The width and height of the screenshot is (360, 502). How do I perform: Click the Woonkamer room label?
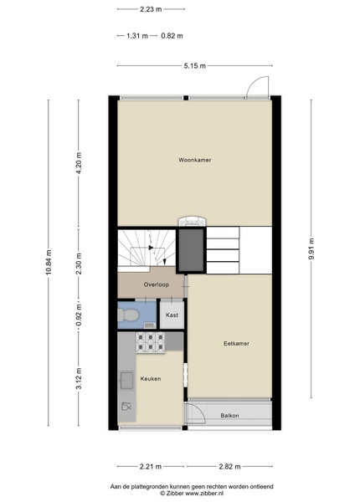(195, 160)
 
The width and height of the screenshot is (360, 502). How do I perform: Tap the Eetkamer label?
(236, 344)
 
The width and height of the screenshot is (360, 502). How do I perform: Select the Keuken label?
(151, 379)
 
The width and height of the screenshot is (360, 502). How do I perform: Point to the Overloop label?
(156, 284)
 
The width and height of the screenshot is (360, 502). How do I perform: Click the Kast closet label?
(172, 315)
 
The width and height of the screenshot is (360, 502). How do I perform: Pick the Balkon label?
(229, 416)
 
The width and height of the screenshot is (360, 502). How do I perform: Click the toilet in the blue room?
(128, 315)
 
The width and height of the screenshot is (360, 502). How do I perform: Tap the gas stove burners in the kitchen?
(150, 342)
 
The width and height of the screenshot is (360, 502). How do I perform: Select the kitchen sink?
(126, 380)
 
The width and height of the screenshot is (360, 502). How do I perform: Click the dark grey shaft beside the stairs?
(191, 250)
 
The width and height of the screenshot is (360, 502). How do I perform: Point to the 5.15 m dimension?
(195, 66)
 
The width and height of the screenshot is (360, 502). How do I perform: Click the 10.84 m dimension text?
(49, 263)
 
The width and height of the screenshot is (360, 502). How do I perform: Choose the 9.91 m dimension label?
(311, 249)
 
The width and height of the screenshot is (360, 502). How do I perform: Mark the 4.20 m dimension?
(79, 162)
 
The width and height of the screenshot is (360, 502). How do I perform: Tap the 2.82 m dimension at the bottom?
(229, 467)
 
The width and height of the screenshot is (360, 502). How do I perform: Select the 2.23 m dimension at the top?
(151, 9)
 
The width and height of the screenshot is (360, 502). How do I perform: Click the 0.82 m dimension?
(172, 36)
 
